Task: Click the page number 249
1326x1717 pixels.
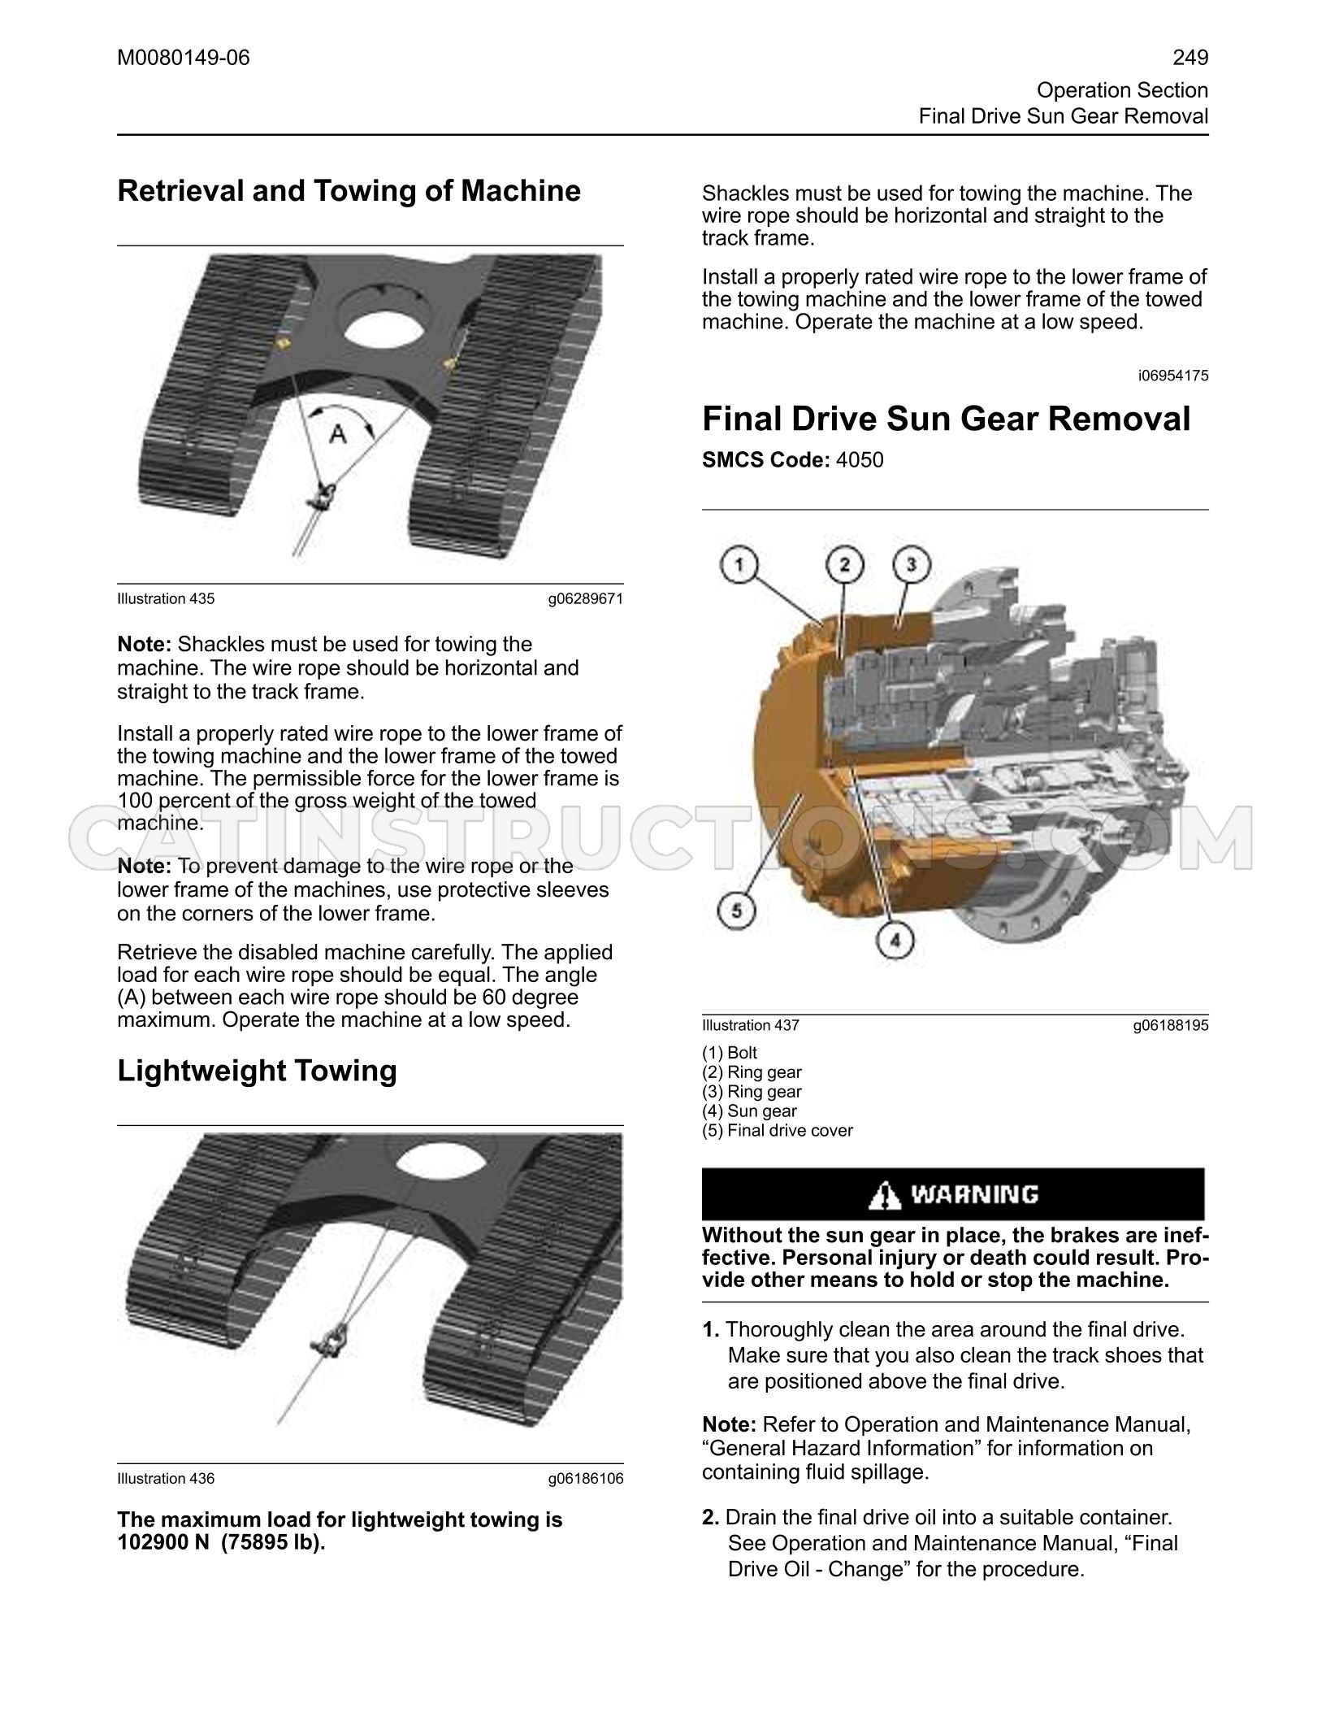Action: coord(1190,58)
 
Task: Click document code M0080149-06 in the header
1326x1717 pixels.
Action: coord(184,58)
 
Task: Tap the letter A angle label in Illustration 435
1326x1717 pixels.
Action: coord(338,436)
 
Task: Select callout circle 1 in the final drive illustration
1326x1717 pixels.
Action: coord(739,566)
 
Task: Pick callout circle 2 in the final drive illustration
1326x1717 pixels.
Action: coord(845,564)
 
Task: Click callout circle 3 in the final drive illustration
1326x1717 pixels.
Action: coord(912,564)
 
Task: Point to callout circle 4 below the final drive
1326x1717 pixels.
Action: coord(895,941)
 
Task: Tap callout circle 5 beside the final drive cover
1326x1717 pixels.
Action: coord(737,911)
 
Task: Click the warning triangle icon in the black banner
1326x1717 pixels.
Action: coord(884,1195)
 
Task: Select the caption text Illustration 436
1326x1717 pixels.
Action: coord(166,1478)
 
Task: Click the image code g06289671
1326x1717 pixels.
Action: coord(585,599)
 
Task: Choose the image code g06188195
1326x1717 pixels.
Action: coord(1171,1026)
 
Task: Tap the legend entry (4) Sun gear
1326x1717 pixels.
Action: coord(749,1111)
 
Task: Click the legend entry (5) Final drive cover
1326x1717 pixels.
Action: coord(778,1130)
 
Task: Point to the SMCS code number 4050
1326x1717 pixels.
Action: coord(860,460)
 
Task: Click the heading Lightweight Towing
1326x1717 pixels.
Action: coord(257,1071)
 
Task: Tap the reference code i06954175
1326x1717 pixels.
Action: coord(1173,376)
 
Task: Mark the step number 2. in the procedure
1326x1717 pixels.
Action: coord(711,1517)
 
